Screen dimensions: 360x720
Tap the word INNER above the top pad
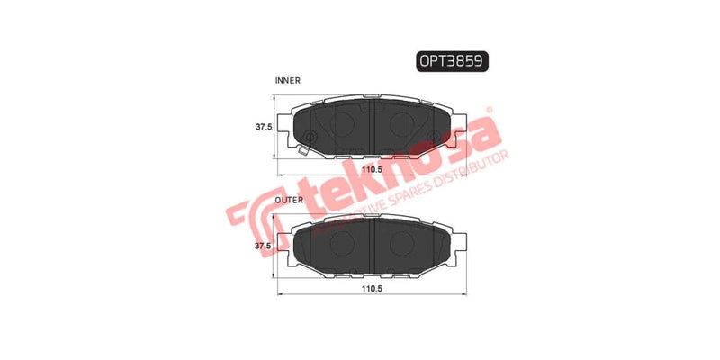(x=287, y=81)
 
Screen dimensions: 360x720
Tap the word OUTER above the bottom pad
(x=288, y=200)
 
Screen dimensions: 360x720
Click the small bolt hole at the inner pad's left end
(x=309, y=138)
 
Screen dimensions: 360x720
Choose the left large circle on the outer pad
(x=341, y=240)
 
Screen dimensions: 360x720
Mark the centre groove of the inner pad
(x=373, y=123)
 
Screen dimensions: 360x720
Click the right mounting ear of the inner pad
(x=461, y=126)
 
